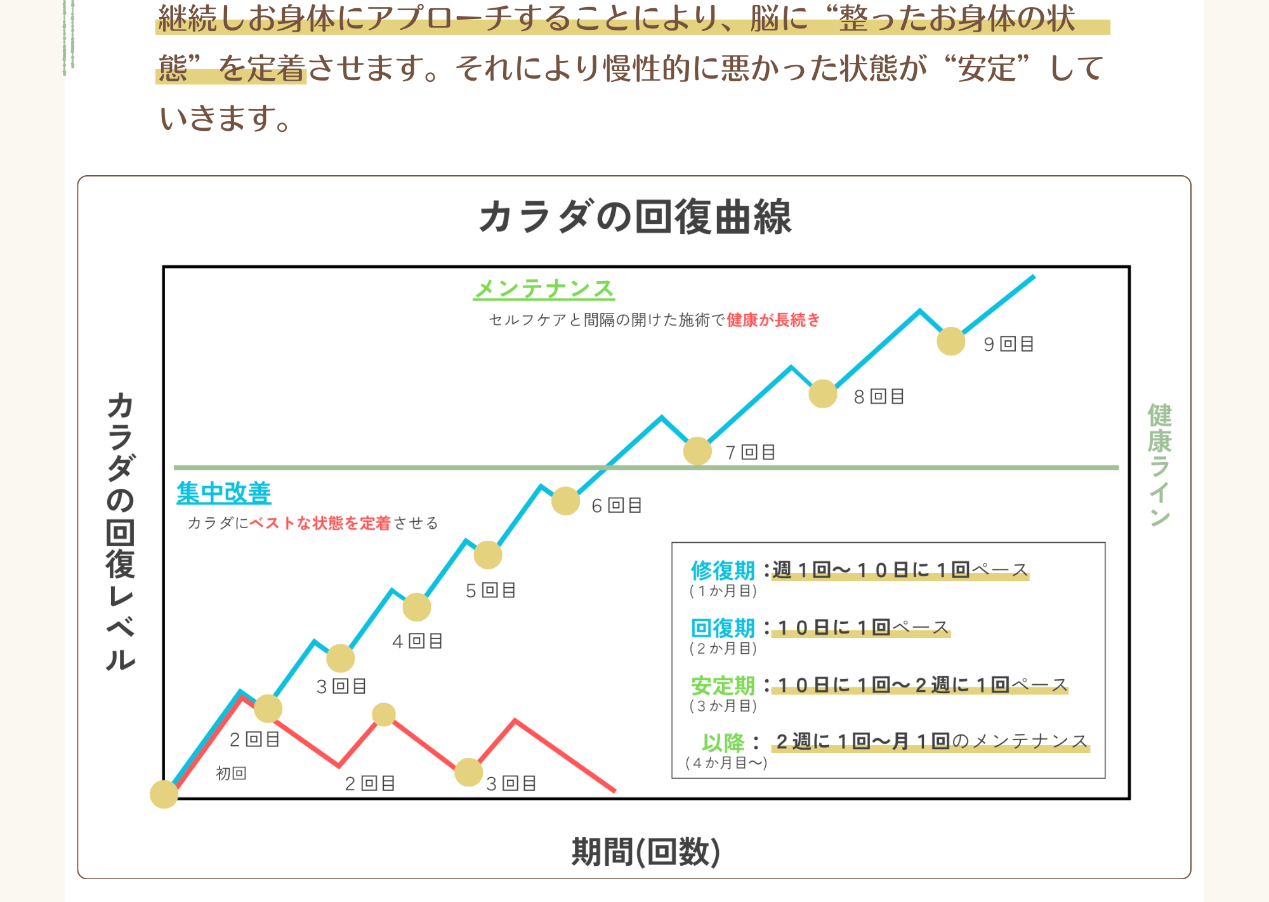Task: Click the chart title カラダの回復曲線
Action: click(x=635, y=217)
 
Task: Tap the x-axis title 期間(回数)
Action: click(x=645, y=851)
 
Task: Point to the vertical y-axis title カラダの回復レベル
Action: click(x=121, y=532)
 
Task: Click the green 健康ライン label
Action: click(x=1159, y=465)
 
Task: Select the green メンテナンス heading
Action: click(x=544, y=289)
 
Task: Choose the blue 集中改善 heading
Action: click(x=224, y=493)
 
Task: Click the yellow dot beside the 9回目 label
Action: click(x=950, y=342)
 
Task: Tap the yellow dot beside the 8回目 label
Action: click(x=823, y=394)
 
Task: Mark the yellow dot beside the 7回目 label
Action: click(x=697, y=451)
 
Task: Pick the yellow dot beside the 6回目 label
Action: click(x=565, y=501)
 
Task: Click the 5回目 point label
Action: click(x=490, y=590)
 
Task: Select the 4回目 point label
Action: click(x=417, y=641)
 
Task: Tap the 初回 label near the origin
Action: click(x=231, y=773)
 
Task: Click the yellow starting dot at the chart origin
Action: click(x=164, y=794)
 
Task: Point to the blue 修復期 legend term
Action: click(x=723, y=571)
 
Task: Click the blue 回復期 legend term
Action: click(x=723, y=628)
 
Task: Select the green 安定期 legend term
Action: click(x=723, y=686)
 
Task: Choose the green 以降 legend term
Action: click(x=723, y=742)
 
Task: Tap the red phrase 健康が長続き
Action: click(x=773, y=320)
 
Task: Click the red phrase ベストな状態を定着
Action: click(x=320, y=523)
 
